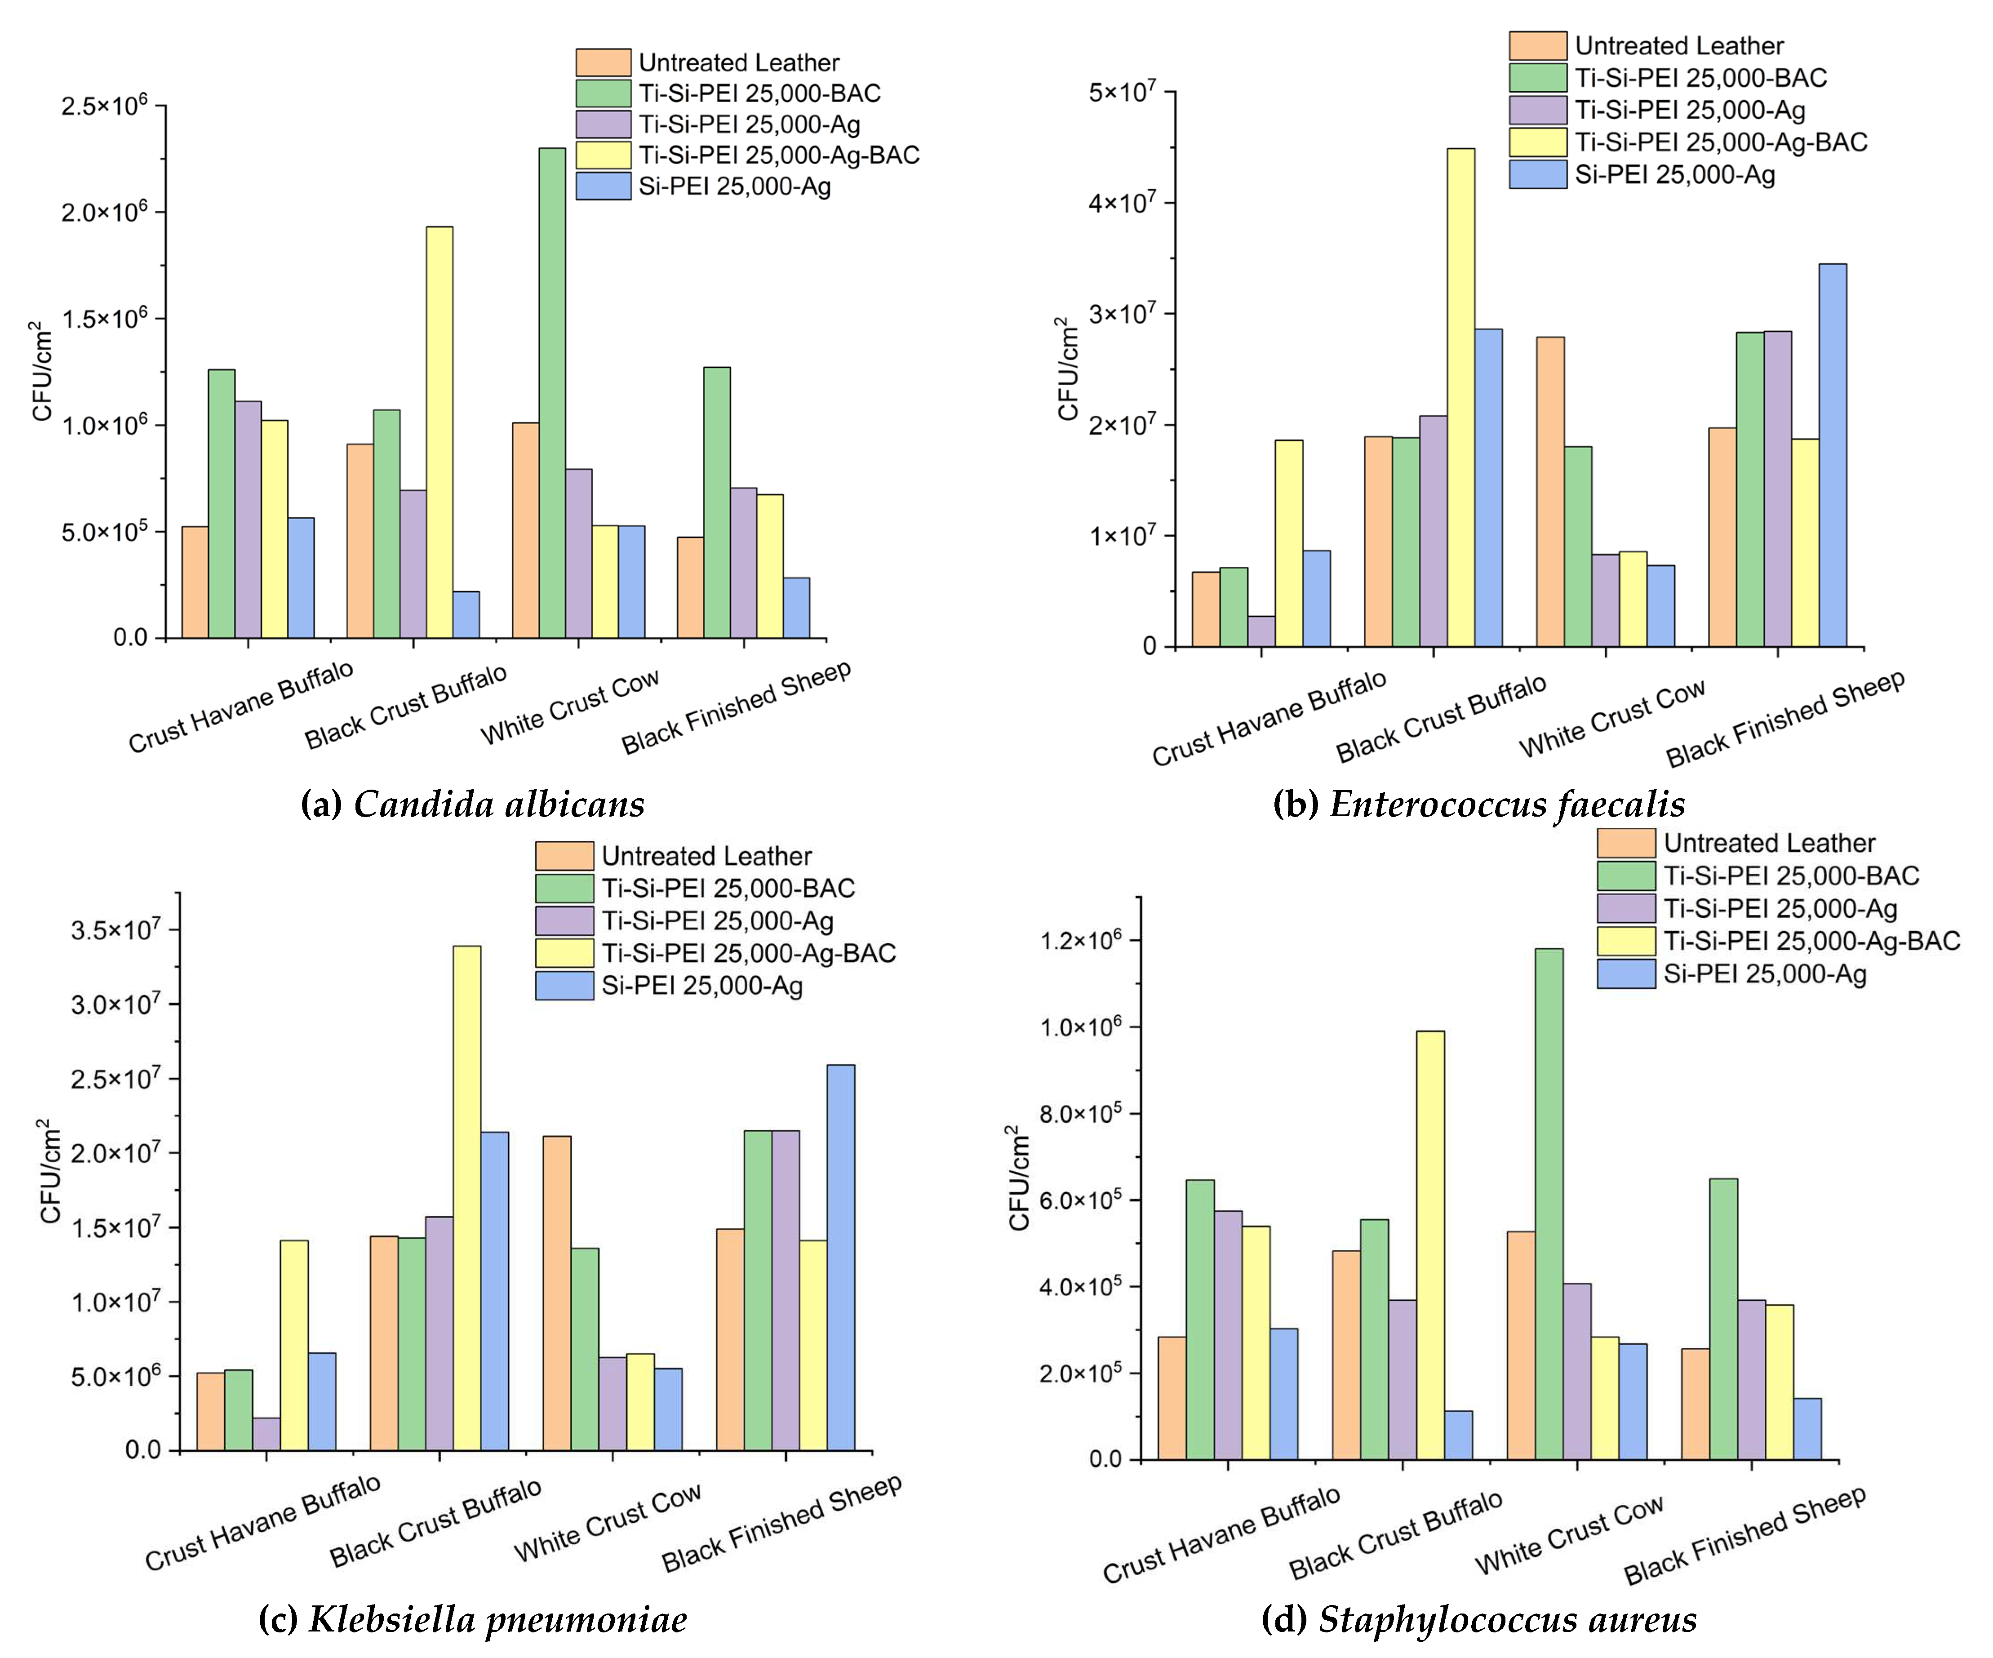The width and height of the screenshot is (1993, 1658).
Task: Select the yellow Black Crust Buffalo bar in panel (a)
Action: point(439,432)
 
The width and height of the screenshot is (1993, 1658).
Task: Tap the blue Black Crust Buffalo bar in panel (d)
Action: point(1459,1435)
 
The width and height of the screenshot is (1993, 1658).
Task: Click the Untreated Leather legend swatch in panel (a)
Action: point(603,62)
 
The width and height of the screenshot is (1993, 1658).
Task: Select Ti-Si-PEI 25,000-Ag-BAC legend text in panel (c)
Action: point(748,953)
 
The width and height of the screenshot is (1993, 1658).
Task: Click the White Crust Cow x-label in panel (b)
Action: point(1611,718)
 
